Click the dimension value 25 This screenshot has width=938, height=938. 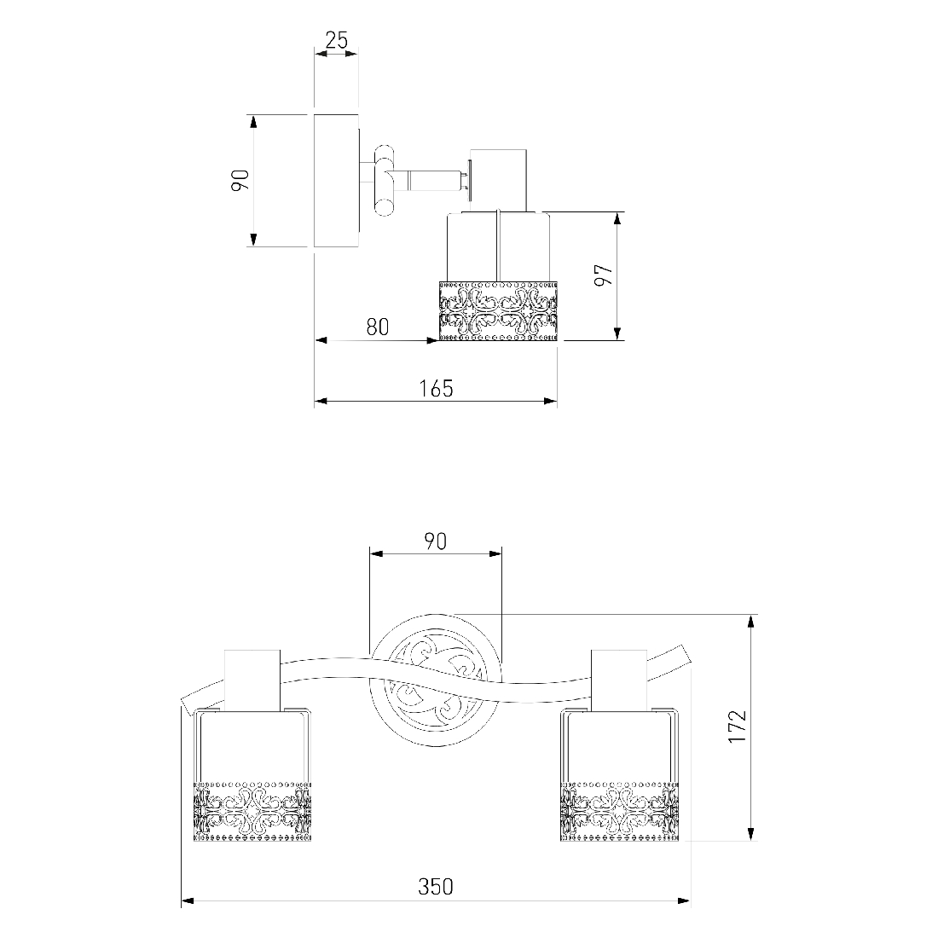pos(336,40)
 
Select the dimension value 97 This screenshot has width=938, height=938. pos(604,275)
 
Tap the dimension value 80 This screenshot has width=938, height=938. pos(378,327)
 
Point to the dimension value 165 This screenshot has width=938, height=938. pos(436,388)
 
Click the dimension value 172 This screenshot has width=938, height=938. pos(737,727)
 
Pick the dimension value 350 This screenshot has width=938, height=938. pos(436,886)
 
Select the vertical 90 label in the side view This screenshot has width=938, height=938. pos(240,180)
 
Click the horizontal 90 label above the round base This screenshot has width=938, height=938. pos(436,541)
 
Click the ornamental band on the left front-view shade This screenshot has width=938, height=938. pos(253,811)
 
